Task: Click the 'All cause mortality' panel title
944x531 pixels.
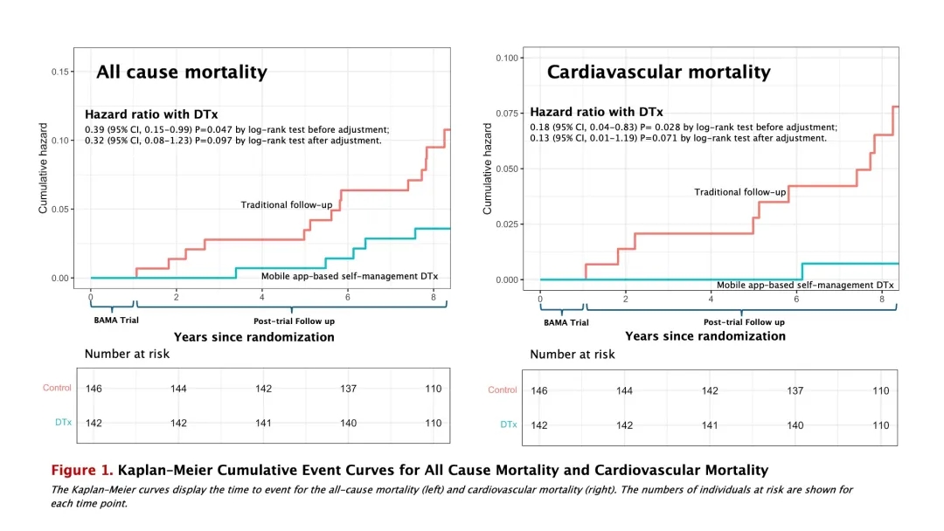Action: point(181,72)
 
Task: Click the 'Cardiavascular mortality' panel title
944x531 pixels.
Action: point(658,72)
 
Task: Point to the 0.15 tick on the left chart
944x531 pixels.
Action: point(61,72)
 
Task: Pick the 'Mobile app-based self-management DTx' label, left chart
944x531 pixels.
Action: point(350,277)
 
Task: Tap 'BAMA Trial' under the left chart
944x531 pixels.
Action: point(116,320)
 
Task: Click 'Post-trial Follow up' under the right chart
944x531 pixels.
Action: point(744,322)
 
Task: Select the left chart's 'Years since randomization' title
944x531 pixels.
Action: point(253,337)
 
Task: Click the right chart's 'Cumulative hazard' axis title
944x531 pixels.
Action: point(488,168)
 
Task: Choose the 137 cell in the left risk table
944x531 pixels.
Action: point(348,389)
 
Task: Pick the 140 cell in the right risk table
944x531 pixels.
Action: point(795,425)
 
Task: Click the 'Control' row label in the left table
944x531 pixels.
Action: point(58,388)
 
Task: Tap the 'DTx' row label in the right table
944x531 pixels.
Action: point(508,424)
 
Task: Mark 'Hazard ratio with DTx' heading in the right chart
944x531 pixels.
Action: point(596,113)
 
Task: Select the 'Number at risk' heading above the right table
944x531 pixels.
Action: point(572,355)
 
